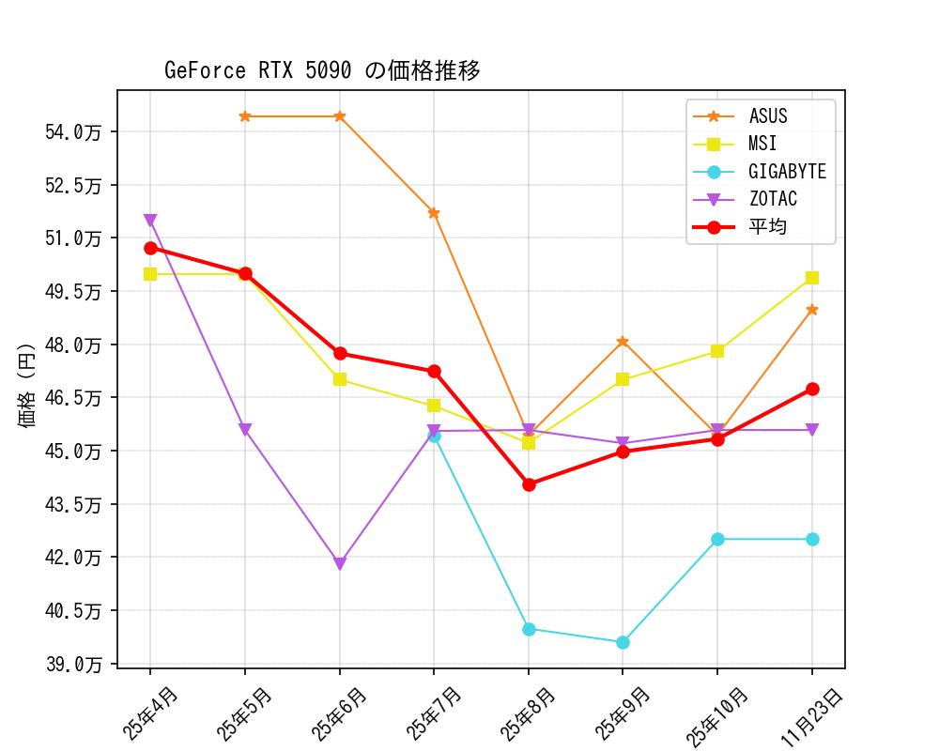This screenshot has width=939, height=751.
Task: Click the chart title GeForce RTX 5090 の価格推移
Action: tap(322, 70)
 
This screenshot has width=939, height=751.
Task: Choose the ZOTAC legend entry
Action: tap(773, 199)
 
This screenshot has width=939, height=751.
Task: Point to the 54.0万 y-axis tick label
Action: tap(72, 131)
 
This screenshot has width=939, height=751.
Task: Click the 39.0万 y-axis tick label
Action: tap(72, 664)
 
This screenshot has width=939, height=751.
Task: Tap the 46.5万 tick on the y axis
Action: tap(72, 398)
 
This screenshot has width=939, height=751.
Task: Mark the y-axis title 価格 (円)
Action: tap(26, 386)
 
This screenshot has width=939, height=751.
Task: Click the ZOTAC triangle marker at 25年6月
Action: tap(340, 564)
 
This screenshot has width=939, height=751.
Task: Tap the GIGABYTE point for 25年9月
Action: tap(623, 642)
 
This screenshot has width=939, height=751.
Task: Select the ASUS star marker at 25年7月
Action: tap(434, 213)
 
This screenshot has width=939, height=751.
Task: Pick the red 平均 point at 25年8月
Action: tap(529, 484)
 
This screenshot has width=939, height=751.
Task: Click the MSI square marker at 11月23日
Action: tap(812, 278)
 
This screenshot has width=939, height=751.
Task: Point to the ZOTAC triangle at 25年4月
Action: tap(150, 221)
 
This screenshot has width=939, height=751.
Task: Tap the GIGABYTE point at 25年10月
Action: tap(717, 539)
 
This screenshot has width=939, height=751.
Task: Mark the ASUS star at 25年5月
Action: tap(245, 116)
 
